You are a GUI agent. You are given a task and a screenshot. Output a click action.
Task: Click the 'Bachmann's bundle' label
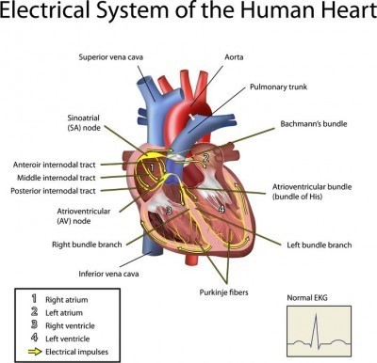tap(317, 123)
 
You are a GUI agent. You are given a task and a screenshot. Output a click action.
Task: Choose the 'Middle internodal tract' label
tap(56, 178)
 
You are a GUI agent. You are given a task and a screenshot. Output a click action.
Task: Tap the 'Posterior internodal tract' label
tap(57, 191)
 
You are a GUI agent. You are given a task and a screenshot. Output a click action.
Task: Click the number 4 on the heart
tap(221, 209)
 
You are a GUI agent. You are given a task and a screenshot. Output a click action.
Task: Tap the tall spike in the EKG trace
tap(320, 324)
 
